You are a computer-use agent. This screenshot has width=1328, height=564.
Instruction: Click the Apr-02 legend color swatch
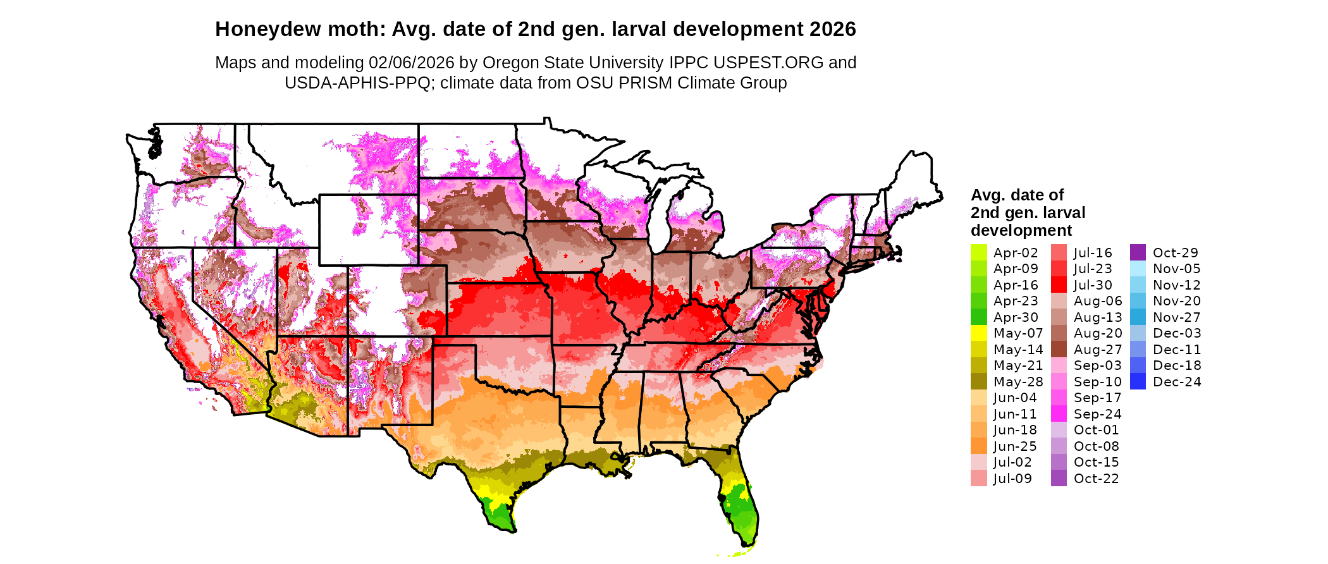978,252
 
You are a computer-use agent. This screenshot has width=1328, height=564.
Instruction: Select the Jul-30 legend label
1092,285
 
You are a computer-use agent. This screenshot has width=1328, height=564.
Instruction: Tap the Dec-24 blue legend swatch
1138,381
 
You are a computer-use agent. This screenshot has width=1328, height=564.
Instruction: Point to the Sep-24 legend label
1097,414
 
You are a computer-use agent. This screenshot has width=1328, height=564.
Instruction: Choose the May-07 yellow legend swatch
978,333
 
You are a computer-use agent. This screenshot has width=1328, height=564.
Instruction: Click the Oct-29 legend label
1175,253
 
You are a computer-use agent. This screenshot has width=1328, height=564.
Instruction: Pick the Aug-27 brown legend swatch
1059,350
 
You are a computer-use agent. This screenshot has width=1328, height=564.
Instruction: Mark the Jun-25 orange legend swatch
978,446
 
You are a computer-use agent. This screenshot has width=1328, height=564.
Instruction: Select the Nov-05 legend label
1176,269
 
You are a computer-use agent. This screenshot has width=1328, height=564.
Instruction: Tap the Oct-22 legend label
1096,479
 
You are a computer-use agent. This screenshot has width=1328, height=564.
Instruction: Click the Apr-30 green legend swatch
978,317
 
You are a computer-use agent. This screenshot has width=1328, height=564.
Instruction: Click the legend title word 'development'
1021,230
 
